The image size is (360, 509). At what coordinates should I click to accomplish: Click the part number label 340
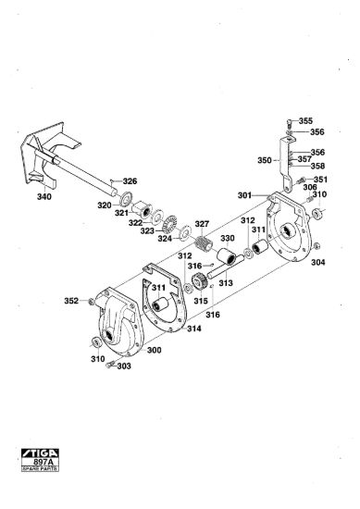(x=44, y=197)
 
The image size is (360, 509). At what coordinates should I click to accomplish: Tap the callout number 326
(x=130, y=181)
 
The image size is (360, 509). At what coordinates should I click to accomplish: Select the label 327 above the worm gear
(x=202, y=224)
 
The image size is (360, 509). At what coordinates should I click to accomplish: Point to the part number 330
(x=228, y=238)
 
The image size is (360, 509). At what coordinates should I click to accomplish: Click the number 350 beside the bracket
(x=265, y=160)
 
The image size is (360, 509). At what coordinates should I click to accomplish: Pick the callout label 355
(x=305, y=121)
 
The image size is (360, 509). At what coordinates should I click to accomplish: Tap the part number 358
(x=317, y=166)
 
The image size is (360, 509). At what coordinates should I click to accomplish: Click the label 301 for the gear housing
(x=244, y=195)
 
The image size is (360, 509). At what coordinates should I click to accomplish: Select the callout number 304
(x=318, y=262)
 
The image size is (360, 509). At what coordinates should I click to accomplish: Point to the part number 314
(x=194, y=329)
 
